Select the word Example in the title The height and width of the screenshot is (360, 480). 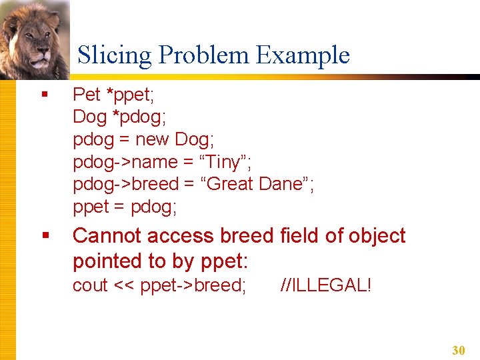[x=303, y=55]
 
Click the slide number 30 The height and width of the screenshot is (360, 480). [x=458, y=350]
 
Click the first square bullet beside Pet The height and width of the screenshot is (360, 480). [x=45, y=95]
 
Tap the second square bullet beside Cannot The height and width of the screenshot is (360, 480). [x=45, y=236]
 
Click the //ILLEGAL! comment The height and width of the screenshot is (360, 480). [x=326, y=285]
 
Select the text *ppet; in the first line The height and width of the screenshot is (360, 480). [x=135, y=95]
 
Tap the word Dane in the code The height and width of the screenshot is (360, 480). [x=279, y=184]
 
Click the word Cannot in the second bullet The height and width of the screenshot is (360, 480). [x=107, y=236]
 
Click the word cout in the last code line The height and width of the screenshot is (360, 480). [x=90, y=285]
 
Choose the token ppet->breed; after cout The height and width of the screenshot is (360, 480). [x=193, y=285]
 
